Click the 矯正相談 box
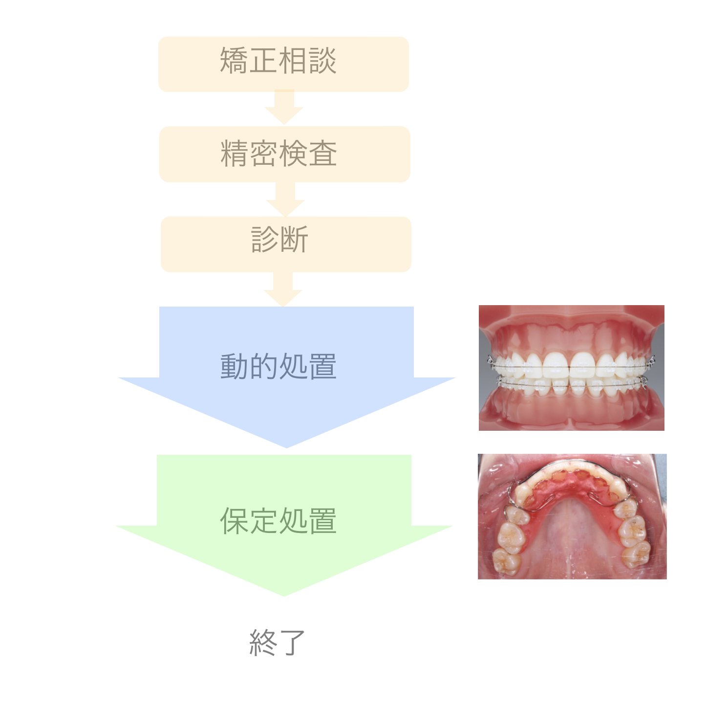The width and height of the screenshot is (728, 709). [x=283, y=64]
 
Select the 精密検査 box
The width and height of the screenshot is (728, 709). [x=285, y=154]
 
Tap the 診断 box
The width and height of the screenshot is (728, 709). [x=286, y=244]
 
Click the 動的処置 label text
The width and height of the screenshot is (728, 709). [x=278, y=367]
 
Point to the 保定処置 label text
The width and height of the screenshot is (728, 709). [x=278, y=521]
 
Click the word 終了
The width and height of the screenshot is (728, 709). [x=278, y=642]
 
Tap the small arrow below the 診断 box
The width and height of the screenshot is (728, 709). [x=283, y=289]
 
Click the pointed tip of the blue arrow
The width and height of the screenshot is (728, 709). [x=287, y=447]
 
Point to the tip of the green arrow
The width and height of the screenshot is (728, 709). [x=284, y=596]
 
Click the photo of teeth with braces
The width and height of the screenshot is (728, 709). [x=572, y=368]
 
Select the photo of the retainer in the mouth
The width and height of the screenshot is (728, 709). [x=572, y=516]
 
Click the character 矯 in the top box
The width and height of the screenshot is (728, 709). [x=234, y=61]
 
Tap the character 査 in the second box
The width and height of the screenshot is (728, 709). [x=323, y=154]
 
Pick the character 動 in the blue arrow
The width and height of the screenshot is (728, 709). [x=235, y=367]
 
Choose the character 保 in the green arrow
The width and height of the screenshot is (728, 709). [x=235, y=521]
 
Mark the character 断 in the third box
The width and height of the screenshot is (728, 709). [x=294, y=240]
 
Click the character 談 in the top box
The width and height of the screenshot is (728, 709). [x=322, y=61]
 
